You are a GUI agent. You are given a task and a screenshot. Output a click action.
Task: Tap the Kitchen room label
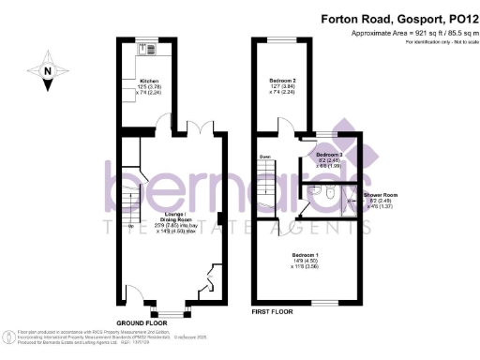pos(146,82)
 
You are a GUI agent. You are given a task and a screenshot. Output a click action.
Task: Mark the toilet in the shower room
pos(323,191)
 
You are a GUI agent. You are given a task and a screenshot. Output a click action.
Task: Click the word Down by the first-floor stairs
pos(264,157)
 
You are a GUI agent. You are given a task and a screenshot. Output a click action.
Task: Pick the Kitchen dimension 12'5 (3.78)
pos(148,88)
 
